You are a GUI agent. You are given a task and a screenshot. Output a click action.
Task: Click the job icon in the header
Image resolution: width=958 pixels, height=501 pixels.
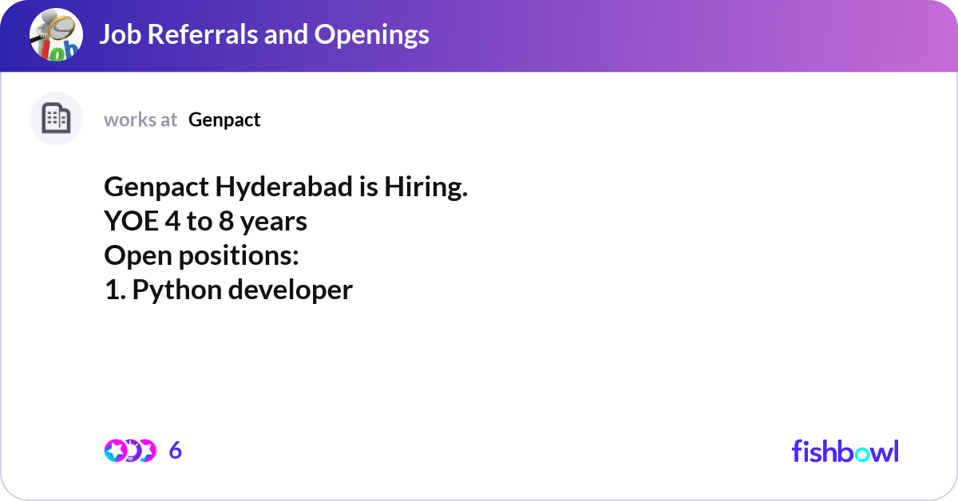[56, 35]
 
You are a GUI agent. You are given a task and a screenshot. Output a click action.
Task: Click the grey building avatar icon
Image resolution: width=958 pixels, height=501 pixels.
[56, 119]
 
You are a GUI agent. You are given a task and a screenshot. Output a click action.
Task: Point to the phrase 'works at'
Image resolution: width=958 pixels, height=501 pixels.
[141, 120]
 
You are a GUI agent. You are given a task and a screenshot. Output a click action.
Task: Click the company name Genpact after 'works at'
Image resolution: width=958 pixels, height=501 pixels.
[224, 120]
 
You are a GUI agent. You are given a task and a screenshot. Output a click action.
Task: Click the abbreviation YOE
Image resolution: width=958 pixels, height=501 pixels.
[132, 222]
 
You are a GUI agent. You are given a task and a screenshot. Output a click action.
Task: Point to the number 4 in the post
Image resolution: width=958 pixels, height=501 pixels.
[172, 222]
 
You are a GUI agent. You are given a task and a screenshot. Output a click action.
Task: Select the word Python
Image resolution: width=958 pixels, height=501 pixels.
[176, 290]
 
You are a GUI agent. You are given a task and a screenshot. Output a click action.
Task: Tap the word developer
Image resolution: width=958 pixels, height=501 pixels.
[290, 290]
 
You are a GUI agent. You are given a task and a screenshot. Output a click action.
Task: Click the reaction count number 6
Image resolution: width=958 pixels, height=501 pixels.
[176, 451]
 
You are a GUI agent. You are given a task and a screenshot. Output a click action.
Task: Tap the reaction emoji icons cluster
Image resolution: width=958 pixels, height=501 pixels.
[129, 451]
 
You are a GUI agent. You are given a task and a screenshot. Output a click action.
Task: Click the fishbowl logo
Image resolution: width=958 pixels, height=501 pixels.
[845, 451]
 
